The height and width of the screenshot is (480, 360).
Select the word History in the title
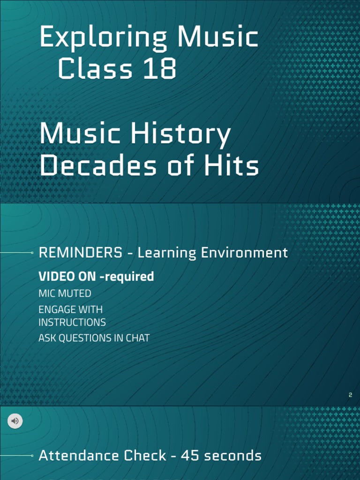(180, 135)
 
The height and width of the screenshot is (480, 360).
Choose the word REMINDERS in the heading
(80, 253)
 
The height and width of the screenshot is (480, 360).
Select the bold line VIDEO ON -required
(96, 277)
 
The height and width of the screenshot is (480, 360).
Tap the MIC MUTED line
(65, 293)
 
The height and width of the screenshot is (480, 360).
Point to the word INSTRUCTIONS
(72, 322)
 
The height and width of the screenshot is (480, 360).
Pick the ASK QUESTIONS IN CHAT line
(94, 338)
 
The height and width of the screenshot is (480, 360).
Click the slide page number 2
(350, 395)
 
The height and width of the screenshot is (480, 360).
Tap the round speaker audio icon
(15, 421)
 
